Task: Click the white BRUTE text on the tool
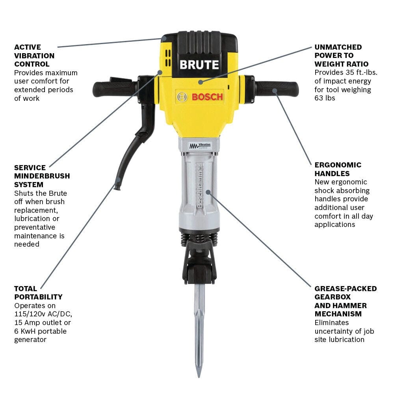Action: point(199,64)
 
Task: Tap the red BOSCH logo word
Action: point(207,97)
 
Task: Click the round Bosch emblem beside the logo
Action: point(182,97)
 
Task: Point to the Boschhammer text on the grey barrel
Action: point(199,185)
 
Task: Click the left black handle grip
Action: point(114,89)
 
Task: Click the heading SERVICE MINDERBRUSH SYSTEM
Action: point(42,176)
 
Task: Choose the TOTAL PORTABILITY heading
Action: point(38,292)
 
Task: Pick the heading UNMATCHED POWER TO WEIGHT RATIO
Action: point(341,56)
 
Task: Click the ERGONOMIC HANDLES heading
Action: point(338,169)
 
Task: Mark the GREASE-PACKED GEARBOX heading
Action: point(346,301)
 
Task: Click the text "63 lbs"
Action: point(325,98)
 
